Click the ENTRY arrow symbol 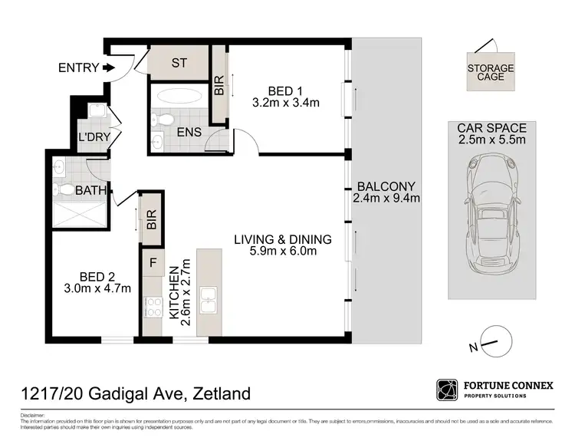click(x=108, y=68)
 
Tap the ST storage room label click(x=179, y=64)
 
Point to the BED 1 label click(x=285, y=87)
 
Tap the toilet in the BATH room click(x=66, y=189)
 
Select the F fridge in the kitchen click(x=153, y=263)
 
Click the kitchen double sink click(x=209, y=299)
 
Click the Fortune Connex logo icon click(x=446, y=390)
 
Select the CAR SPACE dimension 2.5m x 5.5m click(x=491, y=140)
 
